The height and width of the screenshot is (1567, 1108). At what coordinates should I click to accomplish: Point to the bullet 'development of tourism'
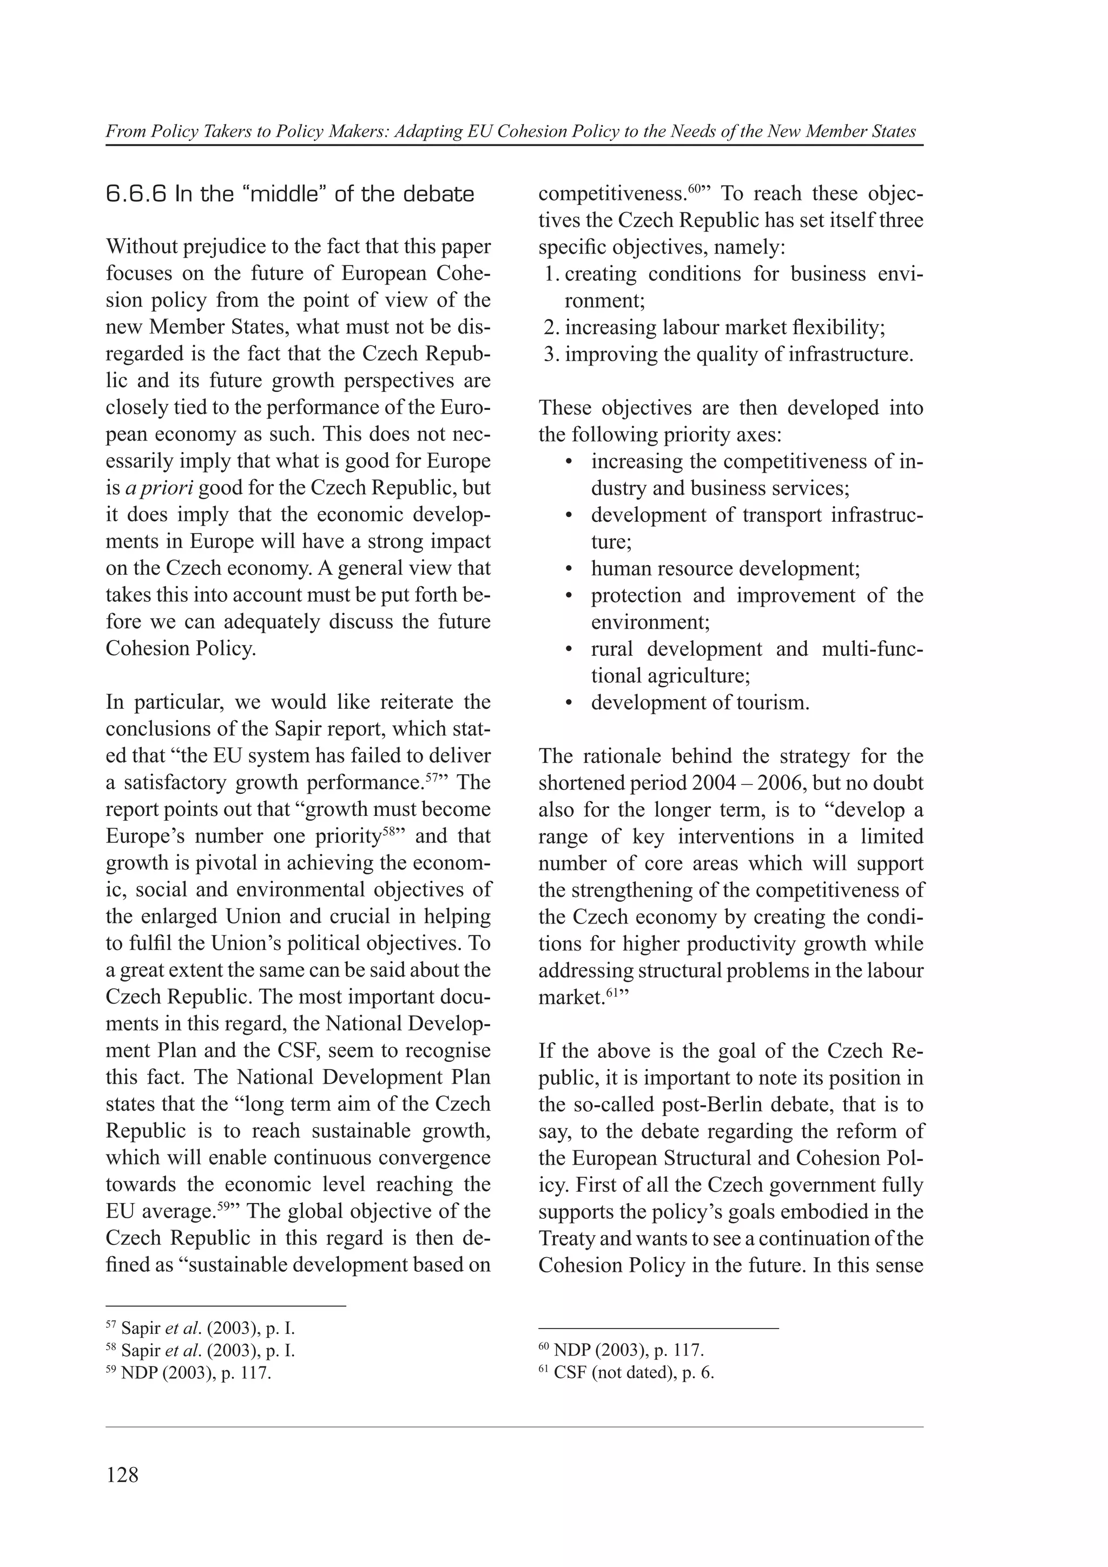700,702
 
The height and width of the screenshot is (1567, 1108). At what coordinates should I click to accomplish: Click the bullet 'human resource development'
725,568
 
